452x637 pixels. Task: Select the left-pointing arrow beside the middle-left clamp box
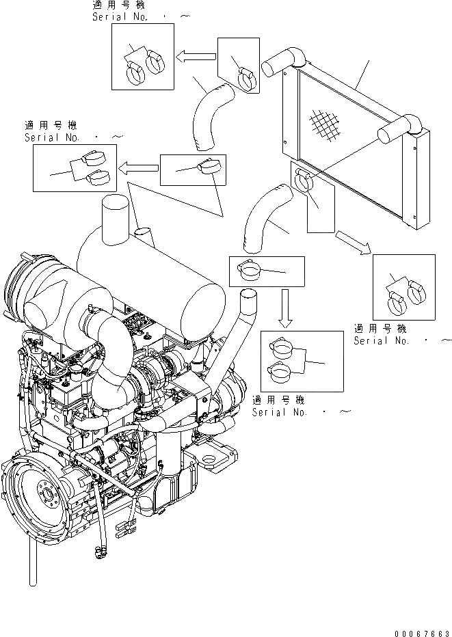(x=137, y=167)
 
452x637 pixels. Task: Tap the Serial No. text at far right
(x=383, y=340)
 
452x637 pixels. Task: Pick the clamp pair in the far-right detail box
(x=403, y=293)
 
